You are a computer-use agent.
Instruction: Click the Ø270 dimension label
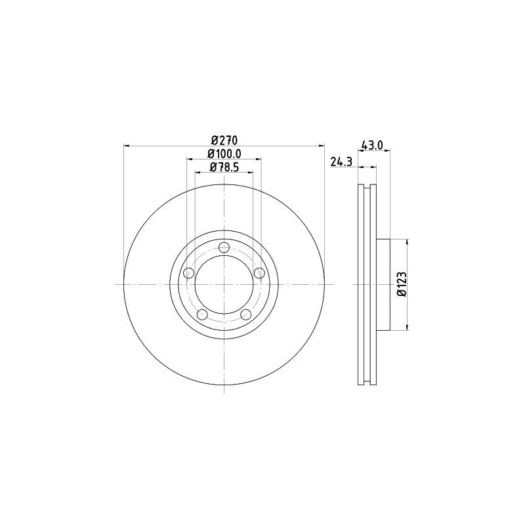pos(224,139)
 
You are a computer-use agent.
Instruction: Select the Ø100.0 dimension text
pos(224,154)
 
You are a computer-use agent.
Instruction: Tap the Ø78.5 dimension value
pos(224,167)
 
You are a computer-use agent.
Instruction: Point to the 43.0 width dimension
pos(373,145)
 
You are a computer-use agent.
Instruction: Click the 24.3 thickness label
pos(341,161)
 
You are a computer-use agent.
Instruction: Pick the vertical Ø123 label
pos(402,284)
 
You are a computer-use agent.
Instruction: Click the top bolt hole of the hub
pos(224,248)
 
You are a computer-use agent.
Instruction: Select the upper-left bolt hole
pos(189,273)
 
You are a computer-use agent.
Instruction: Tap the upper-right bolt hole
pos(259,273)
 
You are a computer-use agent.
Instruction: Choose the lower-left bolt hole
pos(202,314)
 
